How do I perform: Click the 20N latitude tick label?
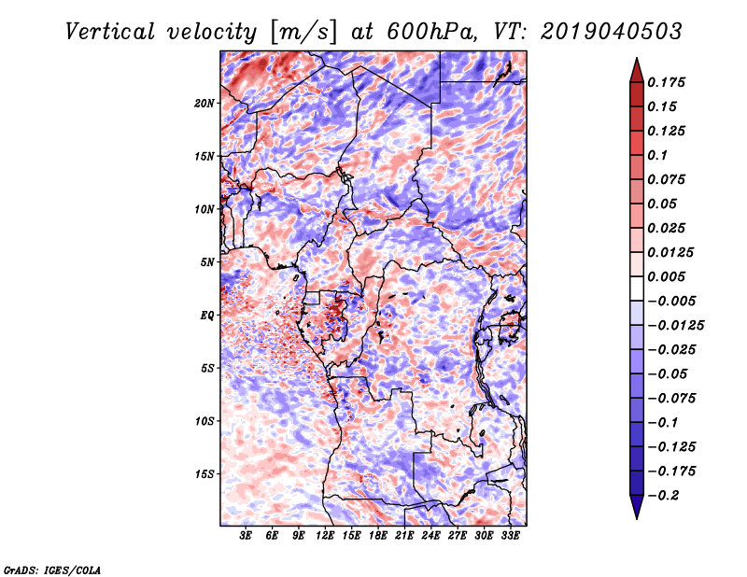point(204,103)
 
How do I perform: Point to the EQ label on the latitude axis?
point(206,315)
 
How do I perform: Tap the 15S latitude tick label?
point(204,473)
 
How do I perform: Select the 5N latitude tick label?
point(207,262)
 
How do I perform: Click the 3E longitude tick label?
point(246,535)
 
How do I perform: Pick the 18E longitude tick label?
point(378,535)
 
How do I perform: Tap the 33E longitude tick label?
point(510,535)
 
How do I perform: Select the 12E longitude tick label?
point(325,535)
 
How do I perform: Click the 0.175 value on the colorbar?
point(666,82)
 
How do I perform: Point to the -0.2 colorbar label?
point(663,496)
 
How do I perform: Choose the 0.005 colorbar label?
point(666,276)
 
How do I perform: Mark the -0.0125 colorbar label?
point(675,326)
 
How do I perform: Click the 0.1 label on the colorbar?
point(657,155)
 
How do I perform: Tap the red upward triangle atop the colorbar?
point(637,70)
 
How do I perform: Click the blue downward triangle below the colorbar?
point(637,507)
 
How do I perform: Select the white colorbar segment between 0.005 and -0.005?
point(637,288)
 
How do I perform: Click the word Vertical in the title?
point(110,32)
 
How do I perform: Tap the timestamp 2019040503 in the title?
point(612,32)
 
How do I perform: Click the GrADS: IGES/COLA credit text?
point(52,570)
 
